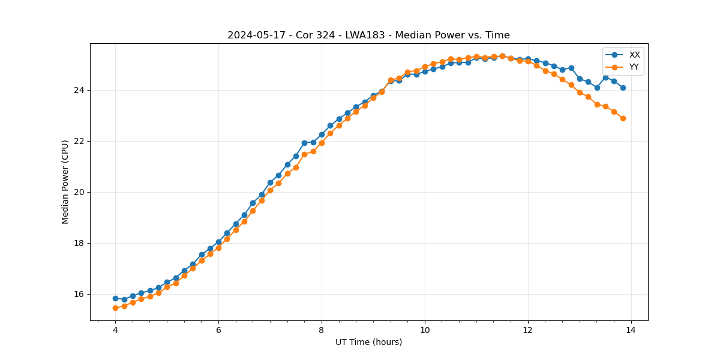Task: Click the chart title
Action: [368, 35]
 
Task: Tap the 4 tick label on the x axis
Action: [115, 330]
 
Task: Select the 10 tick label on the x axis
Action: [425, 330]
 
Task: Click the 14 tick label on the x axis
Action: [631, 330]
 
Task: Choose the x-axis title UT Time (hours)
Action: [368, 343]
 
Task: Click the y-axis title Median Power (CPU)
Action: [65, 182]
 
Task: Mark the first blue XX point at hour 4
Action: [115, 298]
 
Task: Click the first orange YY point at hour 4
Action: [115, 308]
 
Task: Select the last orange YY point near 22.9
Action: [623, 118]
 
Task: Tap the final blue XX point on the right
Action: [623, 88]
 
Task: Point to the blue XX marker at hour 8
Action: [322, 134]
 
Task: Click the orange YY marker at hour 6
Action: [218, 248]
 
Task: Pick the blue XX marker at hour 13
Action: [580, 79]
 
